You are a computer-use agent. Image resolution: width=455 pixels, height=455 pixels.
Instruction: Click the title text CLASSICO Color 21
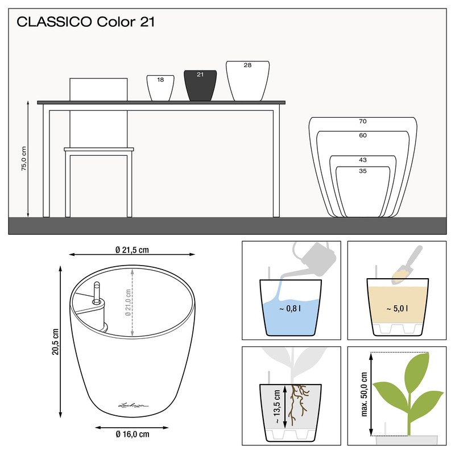pos(86,22)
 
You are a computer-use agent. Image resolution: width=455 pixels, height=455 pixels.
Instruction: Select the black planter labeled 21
pos(200,86)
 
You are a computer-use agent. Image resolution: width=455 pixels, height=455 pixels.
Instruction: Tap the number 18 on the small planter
pos(160,80)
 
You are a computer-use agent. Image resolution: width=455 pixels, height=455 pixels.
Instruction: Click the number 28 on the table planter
pos(247,65)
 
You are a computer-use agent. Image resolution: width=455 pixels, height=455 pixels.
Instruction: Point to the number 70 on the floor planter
pos(362,121)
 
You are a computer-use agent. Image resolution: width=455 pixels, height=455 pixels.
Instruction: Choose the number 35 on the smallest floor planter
pos(362,170)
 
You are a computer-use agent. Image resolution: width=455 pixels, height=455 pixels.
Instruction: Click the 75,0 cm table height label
pos(23,159)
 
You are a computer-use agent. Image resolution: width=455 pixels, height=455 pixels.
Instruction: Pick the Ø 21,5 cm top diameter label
pos(131,250)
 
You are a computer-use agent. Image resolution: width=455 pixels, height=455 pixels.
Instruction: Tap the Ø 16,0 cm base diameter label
pos(132,435)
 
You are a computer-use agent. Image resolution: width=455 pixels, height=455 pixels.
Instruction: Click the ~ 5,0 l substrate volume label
pos(396,309)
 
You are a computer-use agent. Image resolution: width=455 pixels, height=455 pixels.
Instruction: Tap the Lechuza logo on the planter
pos(133,404)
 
